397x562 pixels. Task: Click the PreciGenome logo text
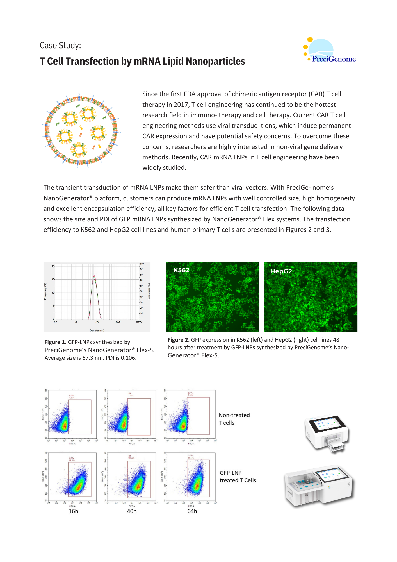pyautogui.click(x=334, y=59)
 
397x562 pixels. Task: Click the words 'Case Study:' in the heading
pyautogui.click(x=60, y=46)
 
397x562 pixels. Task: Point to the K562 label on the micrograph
pyautogui.click(x=181, y=270)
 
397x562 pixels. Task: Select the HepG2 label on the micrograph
pyautogui.click(x=281, y=271)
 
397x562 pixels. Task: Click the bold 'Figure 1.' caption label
pyautogui.click(x=55, y=342)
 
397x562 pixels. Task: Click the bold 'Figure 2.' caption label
pyautogui.click(x=179, y=340)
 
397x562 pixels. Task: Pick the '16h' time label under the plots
pyautogui.click(x=73, y=511)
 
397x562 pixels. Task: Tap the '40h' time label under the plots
pyautogui.click(x=132, y=511)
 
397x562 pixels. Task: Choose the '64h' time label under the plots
pyautogui.click(x=192, y=511)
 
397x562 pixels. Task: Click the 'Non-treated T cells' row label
pyautogui.click(x=234, y=419)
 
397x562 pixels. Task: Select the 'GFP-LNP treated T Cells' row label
pyautogui.click(x=238, y=477)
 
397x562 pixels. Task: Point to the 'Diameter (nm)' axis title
pyautogui.click(x=97, y=330)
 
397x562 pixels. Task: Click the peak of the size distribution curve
pyautogui.click(x=94, y=275)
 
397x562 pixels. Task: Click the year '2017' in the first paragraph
pyautogui.click(x=181, y=105)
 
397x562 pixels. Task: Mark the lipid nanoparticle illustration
pyautogui.click(x=81, y=130)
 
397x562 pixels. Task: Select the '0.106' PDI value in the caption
pyautogui.click(x=129, y=358)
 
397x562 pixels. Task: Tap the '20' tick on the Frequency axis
pyautogui.click(x=53, y=266)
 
